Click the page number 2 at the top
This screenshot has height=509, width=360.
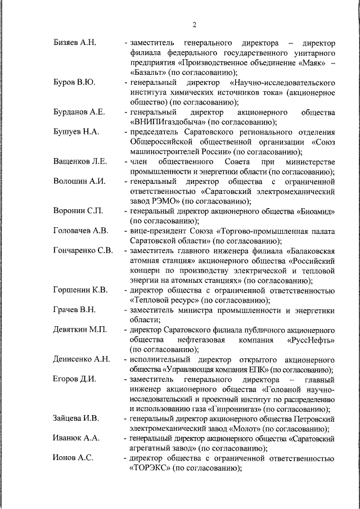pyautogui.click(x=194, y=24)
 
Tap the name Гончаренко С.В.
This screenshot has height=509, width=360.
pyautogui.click(x=83, y=250)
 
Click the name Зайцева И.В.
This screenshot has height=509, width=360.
pyautogui.click(x=76, y=419)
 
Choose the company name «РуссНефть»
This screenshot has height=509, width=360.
pyautogui.click(x=311, y=340)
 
